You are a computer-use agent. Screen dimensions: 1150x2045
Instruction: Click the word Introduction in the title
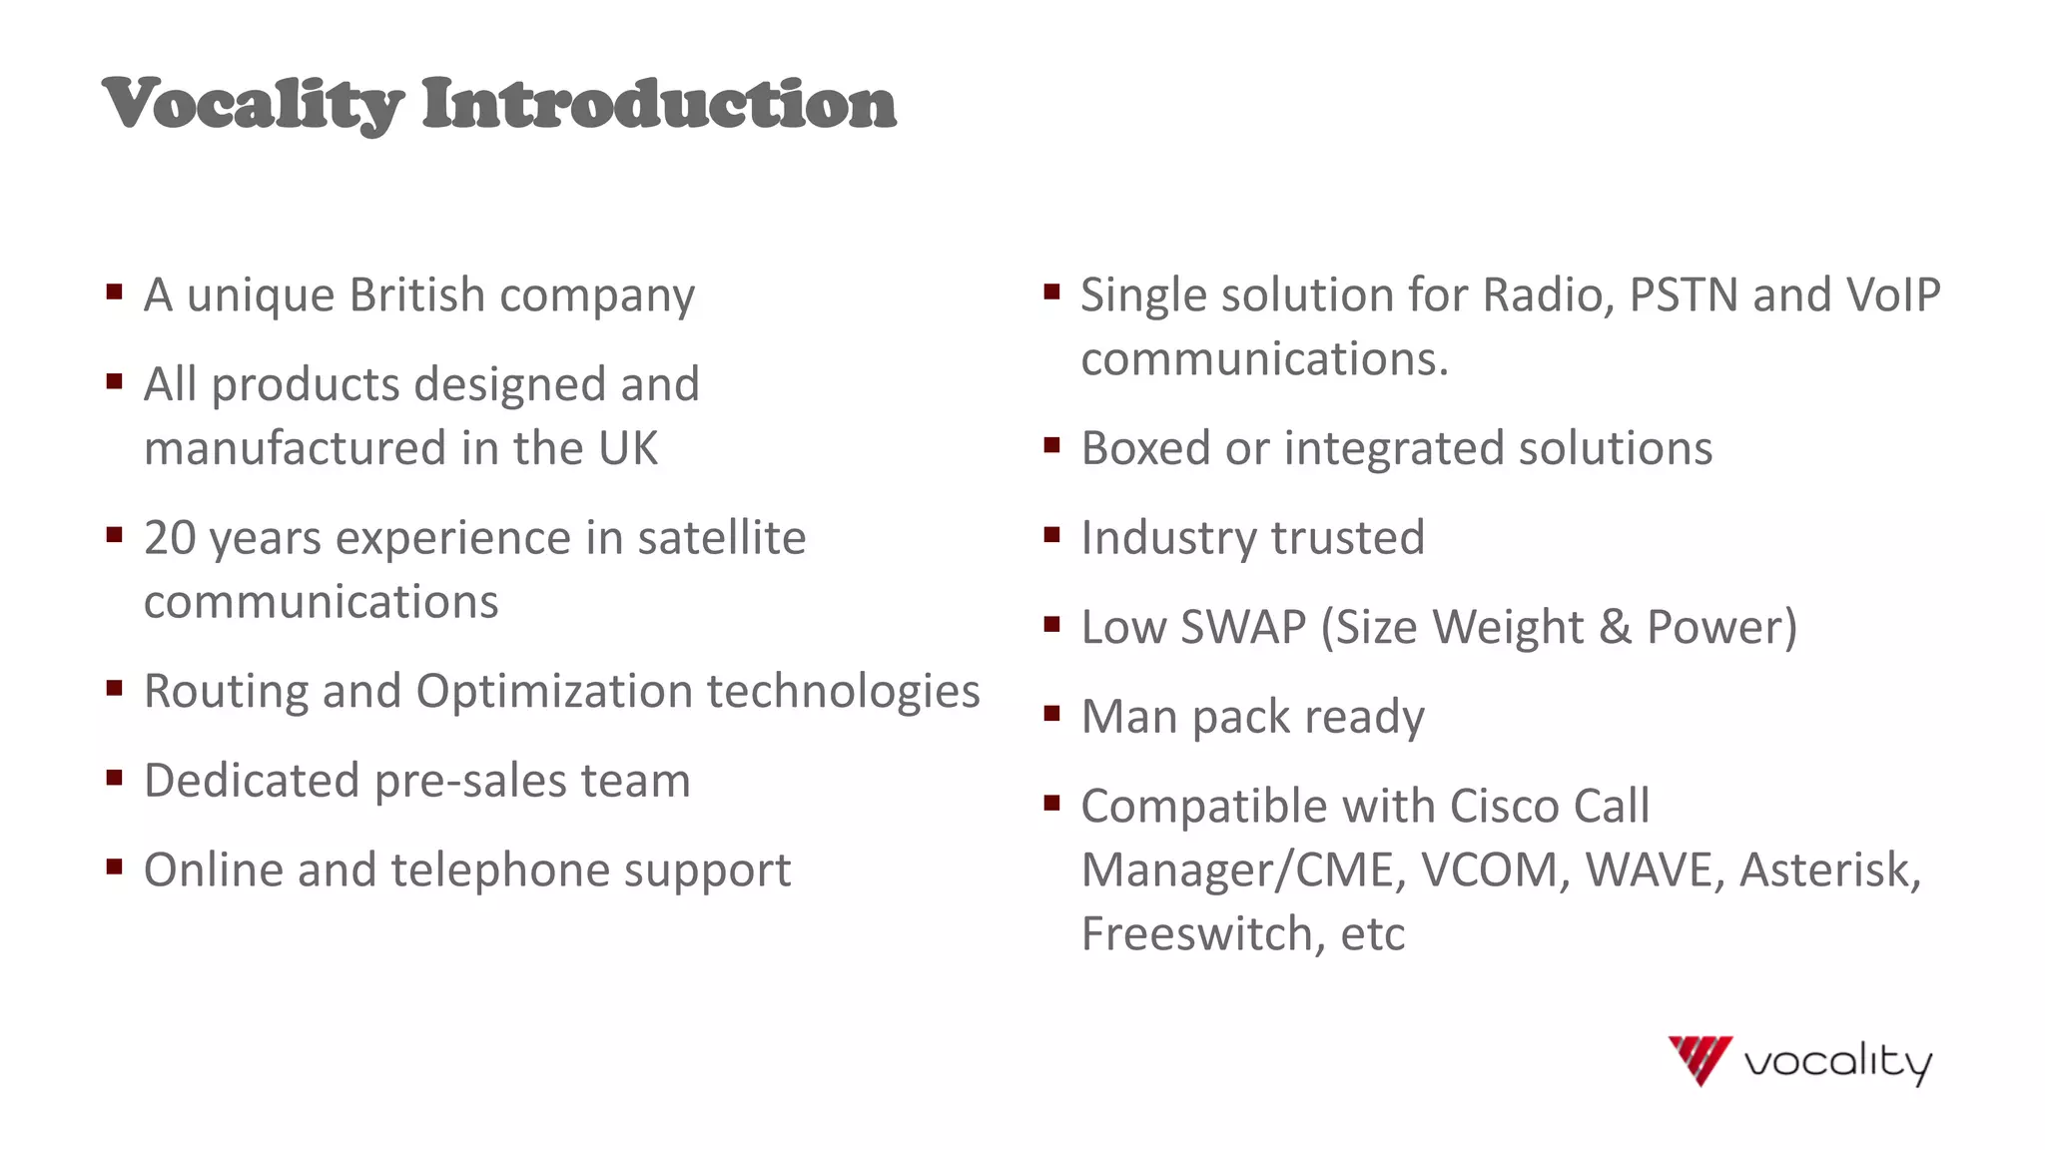click(659, 103)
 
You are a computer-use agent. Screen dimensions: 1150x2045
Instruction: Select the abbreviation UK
click(628, 448)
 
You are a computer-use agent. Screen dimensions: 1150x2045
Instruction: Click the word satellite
click(721, 538)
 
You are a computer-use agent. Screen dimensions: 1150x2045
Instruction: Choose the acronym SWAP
click(1243, 628)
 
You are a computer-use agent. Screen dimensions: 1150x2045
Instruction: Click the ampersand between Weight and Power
click(1615, 628)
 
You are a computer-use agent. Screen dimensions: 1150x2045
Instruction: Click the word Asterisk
click(1829, 870)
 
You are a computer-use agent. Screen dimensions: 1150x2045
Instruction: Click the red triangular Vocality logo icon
click(1699, 1059)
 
